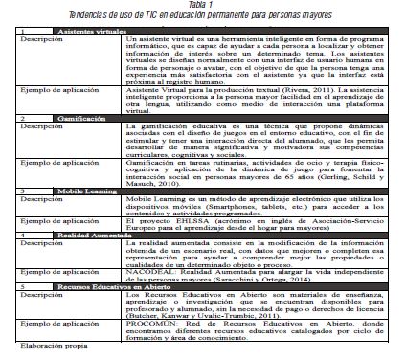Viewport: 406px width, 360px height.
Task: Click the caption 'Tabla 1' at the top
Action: (202, 6)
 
